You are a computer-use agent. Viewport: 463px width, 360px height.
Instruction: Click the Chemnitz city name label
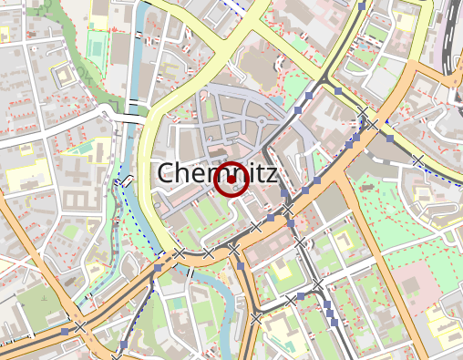point(217,173)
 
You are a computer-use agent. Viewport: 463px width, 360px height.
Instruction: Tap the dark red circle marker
point(231,180)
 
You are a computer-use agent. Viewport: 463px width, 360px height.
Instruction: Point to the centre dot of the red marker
point(231,180)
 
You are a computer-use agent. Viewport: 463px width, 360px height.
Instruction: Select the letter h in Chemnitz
point(185,173)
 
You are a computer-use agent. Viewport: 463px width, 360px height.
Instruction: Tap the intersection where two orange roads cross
point(372,123)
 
